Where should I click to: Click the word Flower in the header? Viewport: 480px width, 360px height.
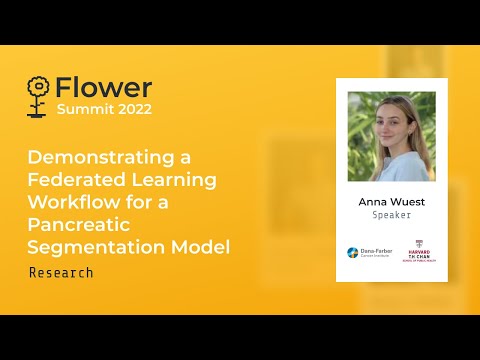coord(104,88)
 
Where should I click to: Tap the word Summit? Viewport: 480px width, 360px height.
coord(82,109)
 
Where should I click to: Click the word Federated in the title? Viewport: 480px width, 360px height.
coord(76,180)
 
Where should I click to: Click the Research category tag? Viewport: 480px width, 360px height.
coord(61,272)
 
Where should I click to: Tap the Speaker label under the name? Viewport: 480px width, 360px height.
coord(391,215)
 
